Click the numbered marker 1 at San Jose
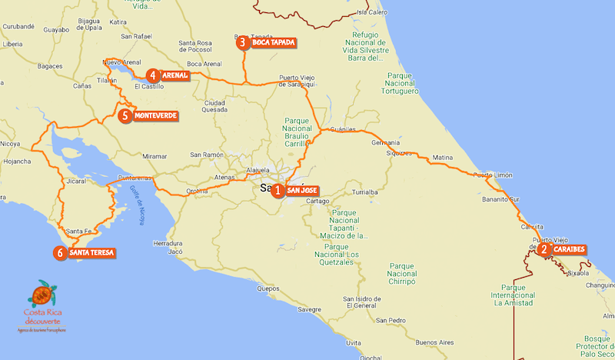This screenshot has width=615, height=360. tap(278, 191)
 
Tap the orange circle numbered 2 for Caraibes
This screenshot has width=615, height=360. tap(544, 249)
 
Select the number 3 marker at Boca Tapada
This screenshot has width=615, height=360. tap(242, 42)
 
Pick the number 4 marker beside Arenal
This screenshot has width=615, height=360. tap(154, 75)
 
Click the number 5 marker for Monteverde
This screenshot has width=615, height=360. tap(125, 116)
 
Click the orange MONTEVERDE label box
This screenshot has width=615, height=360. tap(155, 116)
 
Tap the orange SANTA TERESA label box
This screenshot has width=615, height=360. tap(91, 252)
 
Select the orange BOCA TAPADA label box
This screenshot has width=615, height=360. tap(273, 42)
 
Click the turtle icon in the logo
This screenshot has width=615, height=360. tap(43, 294)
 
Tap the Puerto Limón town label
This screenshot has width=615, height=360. tap(493, 175)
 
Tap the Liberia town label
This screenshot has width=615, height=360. tap(12, 45)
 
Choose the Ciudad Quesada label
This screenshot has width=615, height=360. tap(214, 106)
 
